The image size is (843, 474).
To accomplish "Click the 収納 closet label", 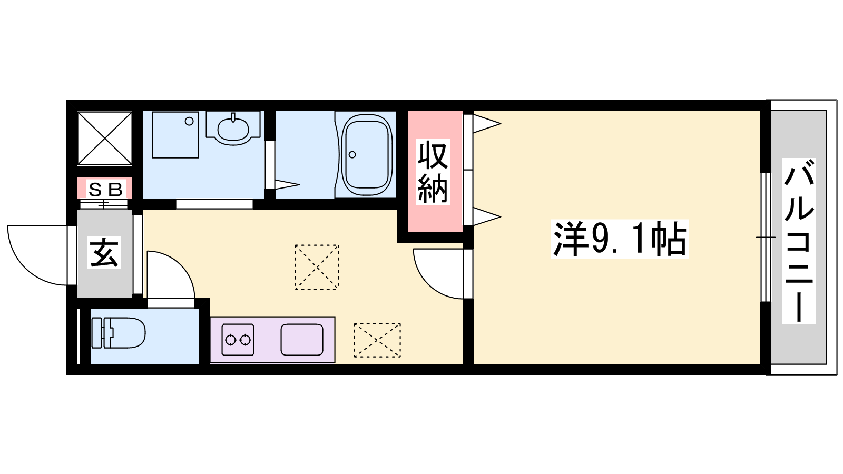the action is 433,172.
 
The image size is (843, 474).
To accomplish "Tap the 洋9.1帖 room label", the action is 620,239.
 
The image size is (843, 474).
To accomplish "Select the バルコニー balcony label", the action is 799,241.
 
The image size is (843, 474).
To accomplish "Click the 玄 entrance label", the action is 104,252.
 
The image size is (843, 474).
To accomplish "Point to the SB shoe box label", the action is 105,190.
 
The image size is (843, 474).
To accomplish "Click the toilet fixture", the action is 118,333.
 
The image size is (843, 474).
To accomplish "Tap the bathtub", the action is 367,155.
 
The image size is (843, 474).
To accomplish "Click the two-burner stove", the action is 238,340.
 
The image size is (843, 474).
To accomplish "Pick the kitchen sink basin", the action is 302,340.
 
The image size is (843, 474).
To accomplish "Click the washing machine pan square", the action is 175,135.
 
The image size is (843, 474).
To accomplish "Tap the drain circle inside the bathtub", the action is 352,155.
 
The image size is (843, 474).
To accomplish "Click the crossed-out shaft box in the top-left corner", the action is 105,137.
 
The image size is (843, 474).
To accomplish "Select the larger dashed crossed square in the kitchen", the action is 317,267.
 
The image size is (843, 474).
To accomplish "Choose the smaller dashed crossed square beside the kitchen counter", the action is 377,340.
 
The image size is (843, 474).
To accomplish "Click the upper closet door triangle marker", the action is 487,123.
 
